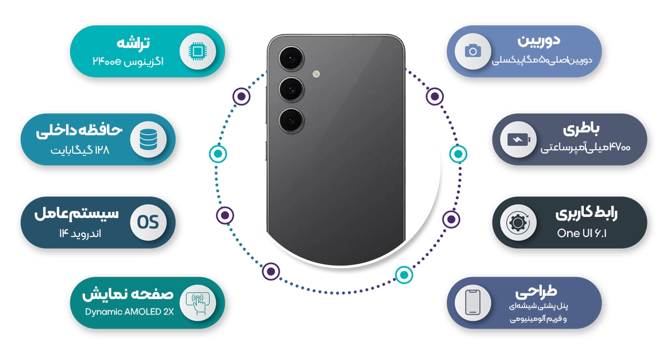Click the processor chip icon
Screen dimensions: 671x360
[x=197, y=51]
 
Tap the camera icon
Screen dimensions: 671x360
[x=472, y=51]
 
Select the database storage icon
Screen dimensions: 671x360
[x=148, y=140]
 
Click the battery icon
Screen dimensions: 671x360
[x=518, y=140]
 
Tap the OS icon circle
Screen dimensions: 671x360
[x=148, y=222]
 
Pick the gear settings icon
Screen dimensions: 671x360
[x=518, y=222]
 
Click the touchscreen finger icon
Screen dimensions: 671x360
[x=197, y=303]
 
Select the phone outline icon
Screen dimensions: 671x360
[x=472, y=302]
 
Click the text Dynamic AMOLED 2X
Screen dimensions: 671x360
[x=129, y=312]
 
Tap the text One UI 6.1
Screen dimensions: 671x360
[x=582, y=233]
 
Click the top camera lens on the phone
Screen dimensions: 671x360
[x=291, y=58]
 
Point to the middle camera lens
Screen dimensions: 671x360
[x=291, y=89]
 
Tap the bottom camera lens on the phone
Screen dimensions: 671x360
[x=291, y=121]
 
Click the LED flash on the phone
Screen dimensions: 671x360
[x=316, y=74]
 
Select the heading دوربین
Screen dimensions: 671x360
[x=538, y=40]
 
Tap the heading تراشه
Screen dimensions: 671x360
[x=133, y=43]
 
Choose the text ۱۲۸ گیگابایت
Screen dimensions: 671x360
[x=80, y=150]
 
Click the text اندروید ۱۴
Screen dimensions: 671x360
[x=80, y=233]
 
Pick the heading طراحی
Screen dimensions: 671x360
[x=536, y=291]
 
